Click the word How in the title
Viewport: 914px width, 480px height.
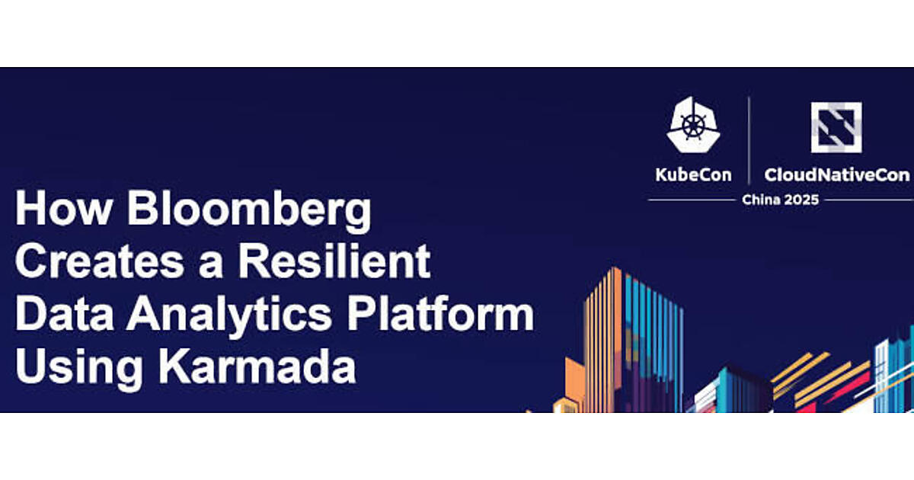[x=64, y=208]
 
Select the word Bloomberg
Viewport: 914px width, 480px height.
[x=249, y=212]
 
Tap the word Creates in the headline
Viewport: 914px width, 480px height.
[x=100, y=261]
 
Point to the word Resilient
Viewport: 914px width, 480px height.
[x=334, y=260]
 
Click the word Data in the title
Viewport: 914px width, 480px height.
[x=65, y=313]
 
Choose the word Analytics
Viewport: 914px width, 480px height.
[x=229, y=316]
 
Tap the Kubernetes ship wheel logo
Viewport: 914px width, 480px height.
[x=693, y=125]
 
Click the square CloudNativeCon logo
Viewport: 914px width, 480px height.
[x=836, y=127]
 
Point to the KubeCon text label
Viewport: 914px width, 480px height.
[x=693, y=175]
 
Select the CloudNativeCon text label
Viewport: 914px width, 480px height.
[x=837, y=175]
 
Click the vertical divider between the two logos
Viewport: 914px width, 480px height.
[x=749, y=140]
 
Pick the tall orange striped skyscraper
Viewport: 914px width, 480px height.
[x=603, y=340]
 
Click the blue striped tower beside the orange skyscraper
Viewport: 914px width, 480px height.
[x=653, y=343]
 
